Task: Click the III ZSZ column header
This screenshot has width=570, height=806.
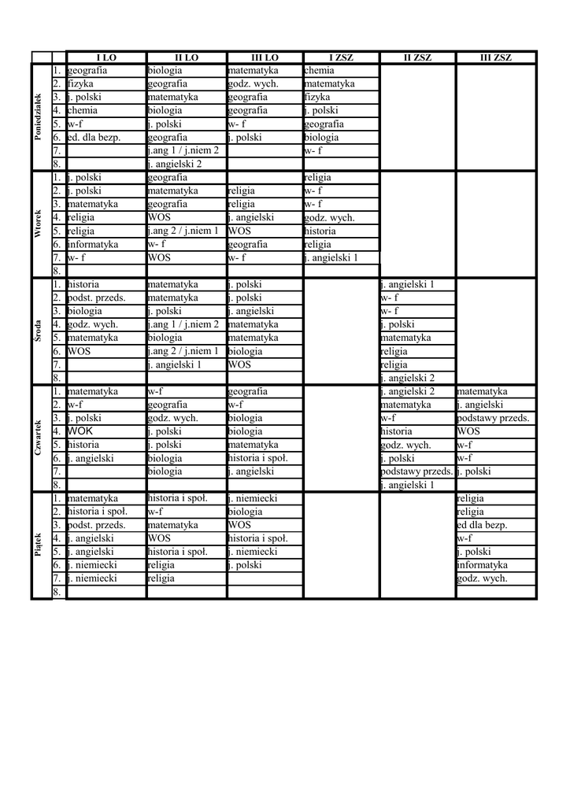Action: (496, 57)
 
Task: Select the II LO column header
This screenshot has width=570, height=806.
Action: (187, 57)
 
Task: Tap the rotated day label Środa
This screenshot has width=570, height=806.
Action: (38, 331)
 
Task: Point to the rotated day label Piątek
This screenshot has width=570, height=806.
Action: (38, 545)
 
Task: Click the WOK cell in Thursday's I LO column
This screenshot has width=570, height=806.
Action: (80, 431)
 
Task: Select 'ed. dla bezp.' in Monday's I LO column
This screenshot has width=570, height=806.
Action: (94, 137)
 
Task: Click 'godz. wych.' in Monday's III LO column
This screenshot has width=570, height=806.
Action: (251, 84)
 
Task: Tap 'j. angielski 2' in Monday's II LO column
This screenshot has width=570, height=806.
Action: (175, 164)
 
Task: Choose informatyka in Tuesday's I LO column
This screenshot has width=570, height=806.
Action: (93, 244)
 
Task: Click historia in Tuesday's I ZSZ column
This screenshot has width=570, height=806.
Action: (320, 231)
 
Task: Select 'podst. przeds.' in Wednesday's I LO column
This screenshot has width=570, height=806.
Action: (97, 298)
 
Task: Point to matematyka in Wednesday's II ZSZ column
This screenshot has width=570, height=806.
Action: (405, 338)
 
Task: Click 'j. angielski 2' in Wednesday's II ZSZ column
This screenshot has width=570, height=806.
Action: (407, 378)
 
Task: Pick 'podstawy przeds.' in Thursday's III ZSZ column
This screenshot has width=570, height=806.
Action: (493, 418)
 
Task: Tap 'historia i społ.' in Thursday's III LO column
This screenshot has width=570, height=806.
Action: (257, 458)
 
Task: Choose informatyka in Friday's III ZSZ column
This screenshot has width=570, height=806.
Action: (482, 564)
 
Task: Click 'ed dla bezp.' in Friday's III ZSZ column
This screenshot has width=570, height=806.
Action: (482, 525)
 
